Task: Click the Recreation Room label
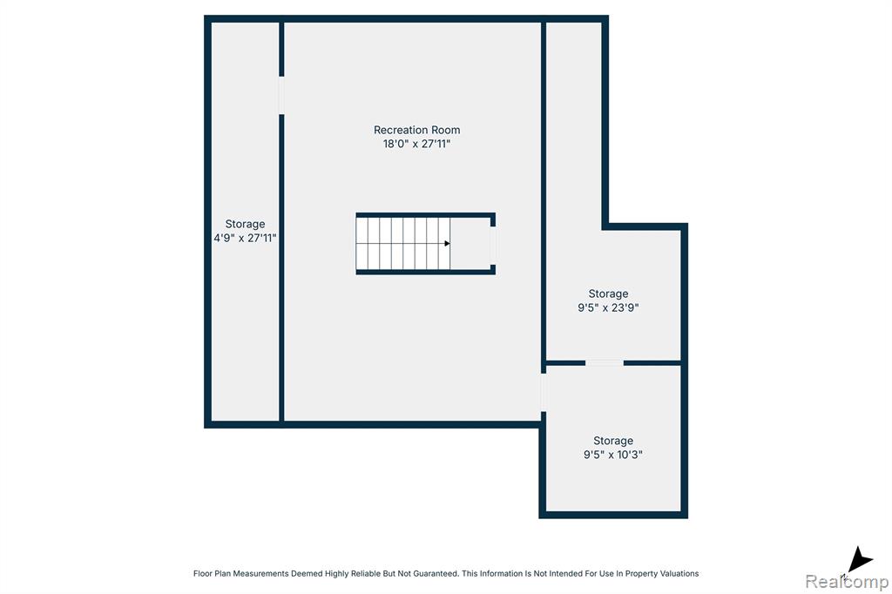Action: point(417,130)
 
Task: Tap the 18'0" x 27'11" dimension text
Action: point(417,144)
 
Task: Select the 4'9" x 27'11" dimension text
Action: point(245,238)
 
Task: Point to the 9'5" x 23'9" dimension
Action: point(608,307)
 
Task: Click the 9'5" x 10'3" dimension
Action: point(613,455)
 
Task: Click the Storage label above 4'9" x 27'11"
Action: point(245,224)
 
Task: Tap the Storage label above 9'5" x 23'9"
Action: point(608,294)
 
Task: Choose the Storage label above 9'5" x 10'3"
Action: point(613,441)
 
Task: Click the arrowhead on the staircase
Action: point(447,244)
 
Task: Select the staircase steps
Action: point(403,244)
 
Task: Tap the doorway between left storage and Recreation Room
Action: point(281,95)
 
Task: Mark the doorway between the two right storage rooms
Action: point(605,363)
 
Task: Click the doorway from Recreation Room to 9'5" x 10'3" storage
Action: point(544,393)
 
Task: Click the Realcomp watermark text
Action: point(847,582)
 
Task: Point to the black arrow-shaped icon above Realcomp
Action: point(858,559)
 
